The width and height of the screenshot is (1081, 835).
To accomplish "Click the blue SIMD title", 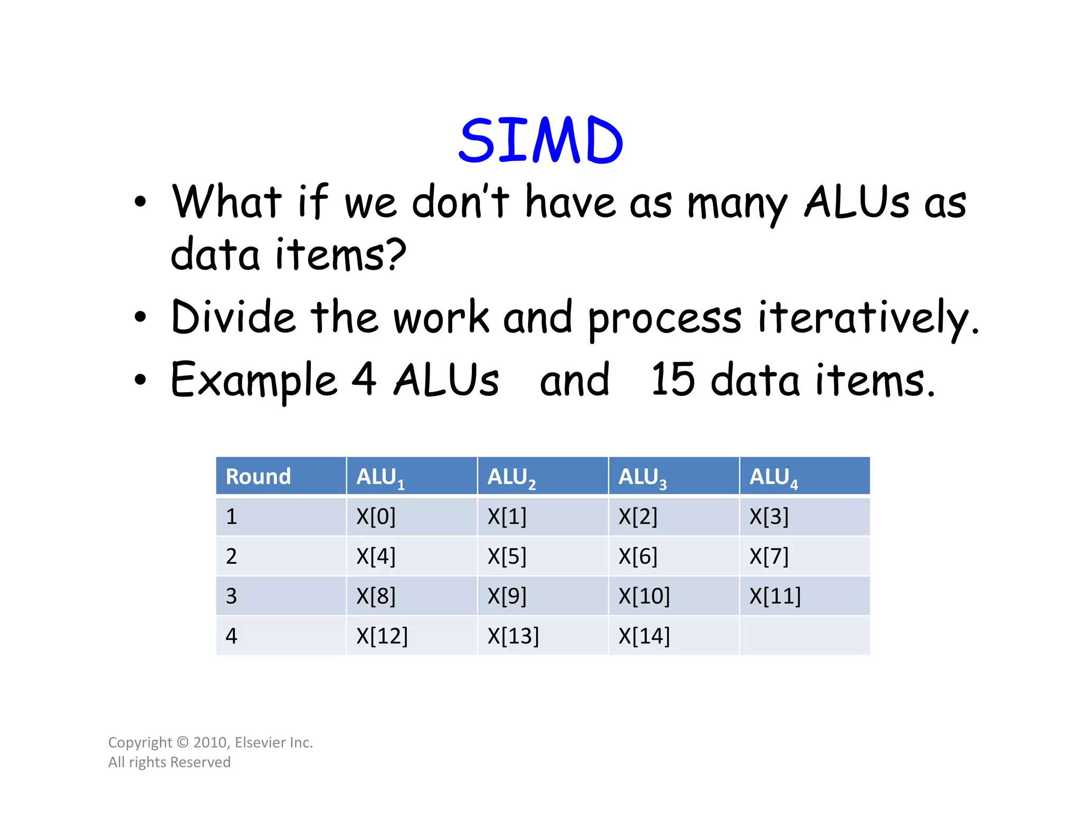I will tap(540, 140).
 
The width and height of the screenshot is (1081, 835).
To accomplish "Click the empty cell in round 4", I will tap(804, 636).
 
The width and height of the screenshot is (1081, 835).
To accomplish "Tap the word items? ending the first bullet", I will tap(340, 254).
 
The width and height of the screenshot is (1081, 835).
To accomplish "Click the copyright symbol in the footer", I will tap(183, 743).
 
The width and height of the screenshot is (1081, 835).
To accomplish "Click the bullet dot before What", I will tap(140, 202).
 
